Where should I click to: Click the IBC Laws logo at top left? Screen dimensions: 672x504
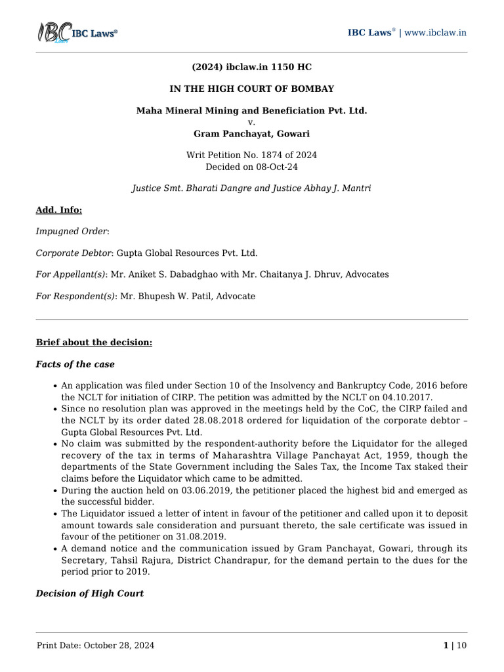tap(76, 33)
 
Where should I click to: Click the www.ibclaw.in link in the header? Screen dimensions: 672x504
tap(436, 33)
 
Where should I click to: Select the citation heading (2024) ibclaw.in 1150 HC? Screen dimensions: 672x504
tap(251, 68)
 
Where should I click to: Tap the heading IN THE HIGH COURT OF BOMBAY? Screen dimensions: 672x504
tap(251, 89)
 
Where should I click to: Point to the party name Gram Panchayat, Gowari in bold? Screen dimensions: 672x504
tap(251, 133)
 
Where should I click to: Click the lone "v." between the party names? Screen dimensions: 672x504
tap(251, 122)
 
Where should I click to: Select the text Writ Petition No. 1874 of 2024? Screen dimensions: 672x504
tap(251, 156)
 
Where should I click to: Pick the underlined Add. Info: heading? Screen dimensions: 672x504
tap(59, 210)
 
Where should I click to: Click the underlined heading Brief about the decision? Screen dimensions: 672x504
tap(94, 343)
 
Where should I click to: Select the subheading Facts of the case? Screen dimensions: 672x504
tap(75, 364)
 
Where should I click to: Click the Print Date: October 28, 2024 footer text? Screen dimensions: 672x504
tap(96, 646)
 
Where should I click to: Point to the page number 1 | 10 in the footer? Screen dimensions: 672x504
tap(455, 646)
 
